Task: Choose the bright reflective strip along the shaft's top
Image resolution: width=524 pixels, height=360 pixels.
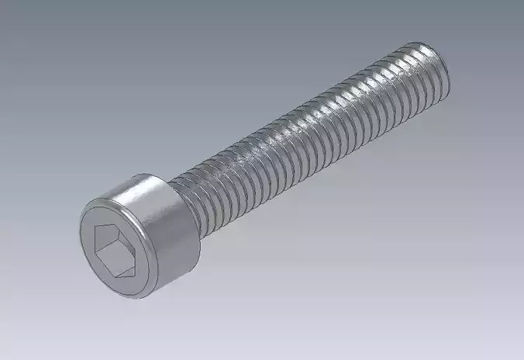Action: (302, 116)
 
